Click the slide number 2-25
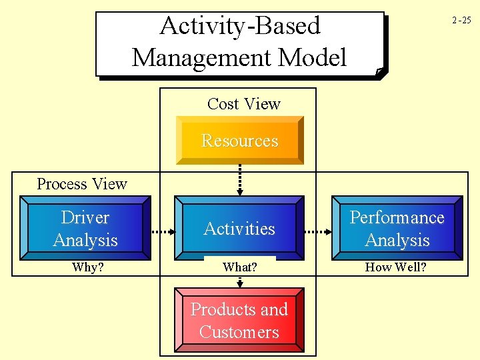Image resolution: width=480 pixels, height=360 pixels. (461, 20)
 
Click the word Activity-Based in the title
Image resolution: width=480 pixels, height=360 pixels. (240, 26)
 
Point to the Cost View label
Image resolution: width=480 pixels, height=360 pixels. (243, 104)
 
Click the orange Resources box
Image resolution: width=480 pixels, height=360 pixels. (240, 141)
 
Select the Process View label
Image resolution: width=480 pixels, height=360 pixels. (82, 184)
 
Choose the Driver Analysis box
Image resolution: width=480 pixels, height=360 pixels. (85, 228)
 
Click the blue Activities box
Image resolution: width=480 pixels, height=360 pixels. (239, 228)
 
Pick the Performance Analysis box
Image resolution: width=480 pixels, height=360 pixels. (397, 228)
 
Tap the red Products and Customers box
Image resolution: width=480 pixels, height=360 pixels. (239, 321)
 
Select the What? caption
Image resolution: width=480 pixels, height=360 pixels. (240, 268)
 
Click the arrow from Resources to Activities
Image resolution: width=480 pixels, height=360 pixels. (240, 179)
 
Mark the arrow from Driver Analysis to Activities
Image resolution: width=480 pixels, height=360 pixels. (163, 233)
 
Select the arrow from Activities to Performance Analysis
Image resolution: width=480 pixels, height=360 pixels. (319, 233)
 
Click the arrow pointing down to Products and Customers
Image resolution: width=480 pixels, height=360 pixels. (240, 280)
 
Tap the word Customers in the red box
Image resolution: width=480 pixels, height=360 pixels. (239, 332)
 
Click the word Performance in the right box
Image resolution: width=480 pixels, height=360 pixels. (397, 217)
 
